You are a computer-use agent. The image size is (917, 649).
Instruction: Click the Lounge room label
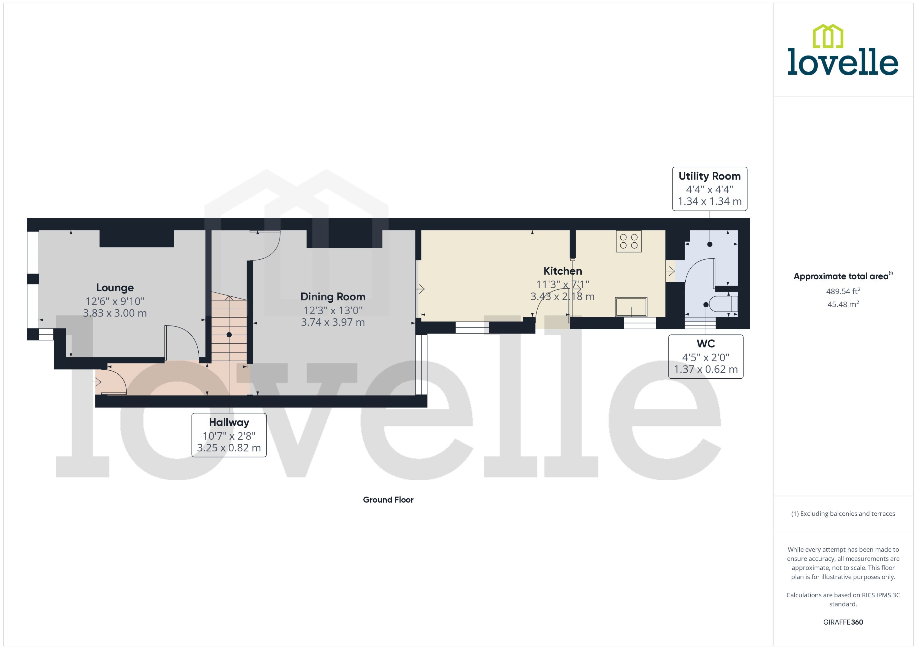(x=115, y=288)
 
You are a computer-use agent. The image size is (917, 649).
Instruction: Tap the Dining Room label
(x=333, y=297)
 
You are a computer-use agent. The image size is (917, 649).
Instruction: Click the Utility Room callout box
(x=709, y=189)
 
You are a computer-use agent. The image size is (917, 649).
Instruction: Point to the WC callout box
(x=706, y=357)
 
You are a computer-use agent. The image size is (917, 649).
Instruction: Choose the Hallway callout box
(x=229, y=435)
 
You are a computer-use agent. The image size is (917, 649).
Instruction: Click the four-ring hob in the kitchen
(x=629, y=241)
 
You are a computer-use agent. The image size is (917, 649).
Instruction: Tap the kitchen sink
(x=631, y=307)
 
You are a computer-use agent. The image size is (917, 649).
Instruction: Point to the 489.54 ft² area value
(x=843, y=291)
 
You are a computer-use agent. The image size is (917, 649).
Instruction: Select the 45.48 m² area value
(x=843, y=304)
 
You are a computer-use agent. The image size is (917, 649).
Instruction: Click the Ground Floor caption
(x=388, y=500)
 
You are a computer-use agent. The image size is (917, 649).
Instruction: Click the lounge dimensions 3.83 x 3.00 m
(x=115, y=313)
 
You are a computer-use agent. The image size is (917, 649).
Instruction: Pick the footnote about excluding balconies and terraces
(x=843, y=514)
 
